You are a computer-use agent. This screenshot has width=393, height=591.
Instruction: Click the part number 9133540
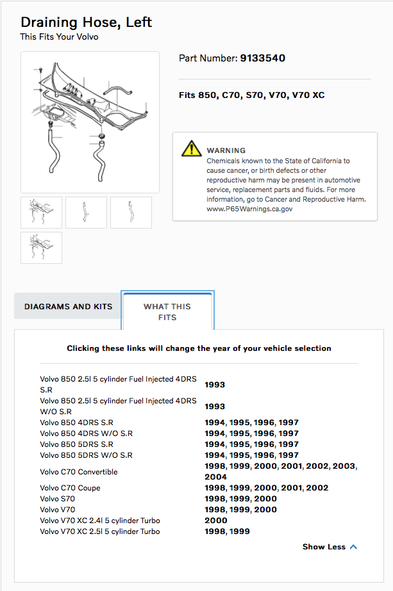coord(262,58)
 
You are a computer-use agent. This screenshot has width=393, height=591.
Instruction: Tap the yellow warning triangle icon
coord(191,149)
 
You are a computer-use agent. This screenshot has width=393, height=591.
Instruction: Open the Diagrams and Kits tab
coord(68,307)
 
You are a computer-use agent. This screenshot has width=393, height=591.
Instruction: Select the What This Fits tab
coord(167,312)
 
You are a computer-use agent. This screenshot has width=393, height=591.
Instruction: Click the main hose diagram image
coord(90,122)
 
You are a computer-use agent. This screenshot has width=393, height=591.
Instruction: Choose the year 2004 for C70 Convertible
coord(215,477)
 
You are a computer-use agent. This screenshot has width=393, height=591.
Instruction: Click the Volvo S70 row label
coord(57,499)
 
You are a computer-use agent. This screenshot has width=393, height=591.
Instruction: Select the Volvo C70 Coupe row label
coord(70,488)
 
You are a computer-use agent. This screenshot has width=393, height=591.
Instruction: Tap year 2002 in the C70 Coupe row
coord(317,488)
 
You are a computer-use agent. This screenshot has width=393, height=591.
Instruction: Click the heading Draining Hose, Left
coord(86,22)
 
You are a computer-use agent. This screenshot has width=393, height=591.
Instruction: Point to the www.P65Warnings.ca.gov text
coord(249,209)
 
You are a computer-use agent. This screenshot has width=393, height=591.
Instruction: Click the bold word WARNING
coord(226,150)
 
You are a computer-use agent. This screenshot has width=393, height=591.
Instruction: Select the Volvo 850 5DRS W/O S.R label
coord(86,455)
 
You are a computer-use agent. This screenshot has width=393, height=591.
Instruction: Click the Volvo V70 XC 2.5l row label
coord(100,531)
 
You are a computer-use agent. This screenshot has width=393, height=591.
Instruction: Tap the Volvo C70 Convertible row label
coord(79,472)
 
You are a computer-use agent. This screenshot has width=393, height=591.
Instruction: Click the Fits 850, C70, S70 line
coord(251,95)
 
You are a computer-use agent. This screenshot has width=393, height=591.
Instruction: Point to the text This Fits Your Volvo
coord(59,37)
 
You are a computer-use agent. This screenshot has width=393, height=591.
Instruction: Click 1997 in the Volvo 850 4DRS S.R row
coord(288,423)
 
